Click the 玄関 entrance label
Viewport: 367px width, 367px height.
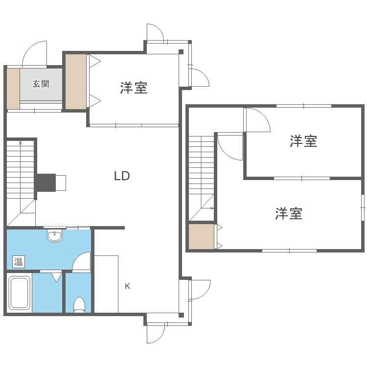click(41, 84)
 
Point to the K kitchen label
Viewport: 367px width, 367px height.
click(127, 286)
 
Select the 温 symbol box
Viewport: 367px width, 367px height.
click(18, 261)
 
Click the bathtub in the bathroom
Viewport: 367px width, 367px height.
click(20, 293)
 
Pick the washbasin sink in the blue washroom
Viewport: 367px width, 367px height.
click(55, 236)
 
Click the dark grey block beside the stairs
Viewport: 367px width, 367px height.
click(45, 183)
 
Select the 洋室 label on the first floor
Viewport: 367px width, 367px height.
click(134, 88)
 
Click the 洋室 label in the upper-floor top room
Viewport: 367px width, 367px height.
click(303, 141)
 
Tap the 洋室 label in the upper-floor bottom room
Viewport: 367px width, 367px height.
click(289, 214)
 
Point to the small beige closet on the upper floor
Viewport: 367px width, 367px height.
click(202, 237)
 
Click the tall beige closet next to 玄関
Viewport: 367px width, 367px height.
click(75, 81)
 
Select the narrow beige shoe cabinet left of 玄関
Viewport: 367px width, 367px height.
click(13, 89)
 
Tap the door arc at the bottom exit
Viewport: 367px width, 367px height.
click(155, 336)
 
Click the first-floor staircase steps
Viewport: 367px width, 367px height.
click(20, 169)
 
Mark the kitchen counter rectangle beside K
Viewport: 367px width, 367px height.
click(106, 283)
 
